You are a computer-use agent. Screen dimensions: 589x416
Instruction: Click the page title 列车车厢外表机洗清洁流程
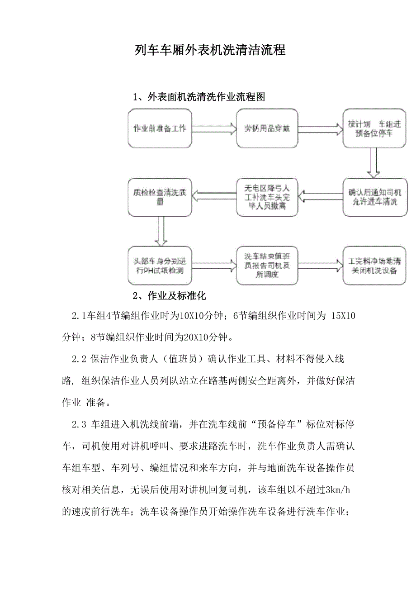coord(210,50)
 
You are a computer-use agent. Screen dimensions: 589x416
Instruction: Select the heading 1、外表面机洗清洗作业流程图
coord(199,97)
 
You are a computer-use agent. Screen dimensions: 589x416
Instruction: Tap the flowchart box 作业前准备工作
coord(160,128)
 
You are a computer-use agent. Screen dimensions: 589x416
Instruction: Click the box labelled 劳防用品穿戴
coord(268,128)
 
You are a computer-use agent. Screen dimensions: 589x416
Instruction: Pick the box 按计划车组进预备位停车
coord(372,128)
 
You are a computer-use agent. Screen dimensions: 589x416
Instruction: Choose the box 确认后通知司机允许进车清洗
coord(372,197)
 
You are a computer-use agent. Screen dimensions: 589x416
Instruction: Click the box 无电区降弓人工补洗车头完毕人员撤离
coord(268,197)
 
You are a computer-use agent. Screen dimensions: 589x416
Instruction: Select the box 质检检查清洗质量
coord(160,197)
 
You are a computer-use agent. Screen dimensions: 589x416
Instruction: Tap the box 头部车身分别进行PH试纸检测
coord(160,265)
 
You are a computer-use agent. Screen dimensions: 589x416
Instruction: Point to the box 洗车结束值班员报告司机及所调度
coord(268,265)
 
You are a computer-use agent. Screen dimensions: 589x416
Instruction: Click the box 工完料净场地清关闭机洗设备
coord(372,265)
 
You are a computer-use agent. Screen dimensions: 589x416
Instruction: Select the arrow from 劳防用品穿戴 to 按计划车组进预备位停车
coord(320,128)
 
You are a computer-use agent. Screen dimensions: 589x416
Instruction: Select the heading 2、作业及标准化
coord(170,296)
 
